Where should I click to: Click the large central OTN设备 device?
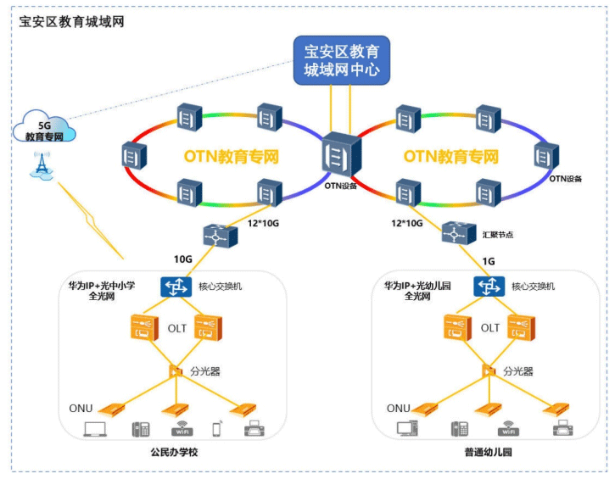coord(341,156)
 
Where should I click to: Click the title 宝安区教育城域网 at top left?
coord(71,21)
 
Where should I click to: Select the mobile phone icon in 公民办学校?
coord(216,429)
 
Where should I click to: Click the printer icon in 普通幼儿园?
coord(562,429)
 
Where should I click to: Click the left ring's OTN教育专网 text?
coord(231,157)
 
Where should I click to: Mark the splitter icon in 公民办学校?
coord(176,370)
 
